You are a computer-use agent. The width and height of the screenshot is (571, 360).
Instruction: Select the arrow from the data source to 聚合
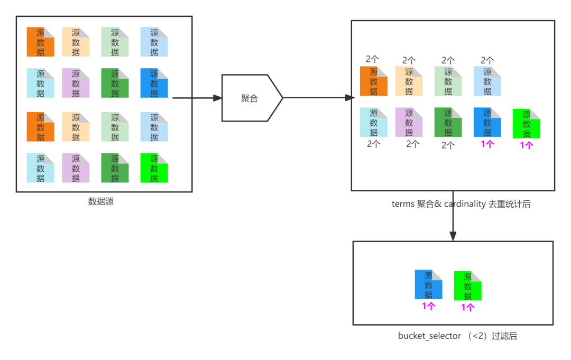click(x=196, y=98)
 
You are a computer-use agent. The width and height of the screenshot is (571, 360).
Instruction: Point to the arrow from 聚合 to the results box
click(x=317, y=98)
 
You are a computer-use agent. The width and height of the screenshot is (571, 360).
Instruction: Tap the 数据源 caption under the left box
click(x=100, y=201)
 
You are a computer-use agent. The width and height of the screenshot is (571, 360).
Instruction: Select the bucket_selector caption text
click(x=429, y=336)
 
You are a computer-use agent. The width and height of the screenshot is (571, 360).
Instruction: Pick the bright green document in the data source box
click(x=154, y=168)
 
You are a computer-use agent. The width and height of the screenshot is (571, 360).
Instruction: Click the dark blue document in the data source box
click(x=154, y=84)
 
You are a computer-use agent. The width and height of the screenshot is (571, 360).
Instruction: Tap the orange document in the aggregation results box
click(x=373, y=81)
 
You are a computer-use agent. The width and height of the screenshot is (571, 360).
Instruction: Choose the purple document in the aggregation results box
click(x=409, y=123)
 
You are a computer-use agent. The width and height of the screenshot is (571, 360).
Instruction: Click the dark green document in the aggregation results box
click(x=448, y=123)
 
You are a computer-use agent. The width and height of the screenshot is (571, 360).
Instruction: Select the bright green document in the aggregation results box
click(x=526, y=124)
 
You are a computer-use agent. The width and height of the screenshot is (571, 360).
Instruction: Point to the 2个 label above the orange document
click(x=373, y=59)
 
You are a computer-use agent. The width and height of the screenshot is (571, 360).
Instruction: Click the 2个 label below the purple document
click(x=413, y=144)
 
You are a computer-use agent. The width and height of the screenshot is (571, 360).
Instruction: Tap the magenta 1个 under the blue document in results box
click(x=487, y=144)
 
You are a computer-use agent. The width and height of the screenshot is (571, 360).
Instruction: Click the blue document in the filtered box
click(x=428, y=285)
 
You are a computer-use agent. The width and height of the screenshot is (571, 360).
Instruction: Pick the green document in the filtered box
click(x=467, y=286)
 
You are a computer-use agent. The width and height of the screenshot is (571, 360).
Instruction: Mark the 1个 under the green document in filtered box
click(x=467, y=307)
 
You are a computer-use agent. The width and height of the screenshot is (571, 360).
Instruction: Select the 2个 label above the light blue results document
click(x=487, y=60)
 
